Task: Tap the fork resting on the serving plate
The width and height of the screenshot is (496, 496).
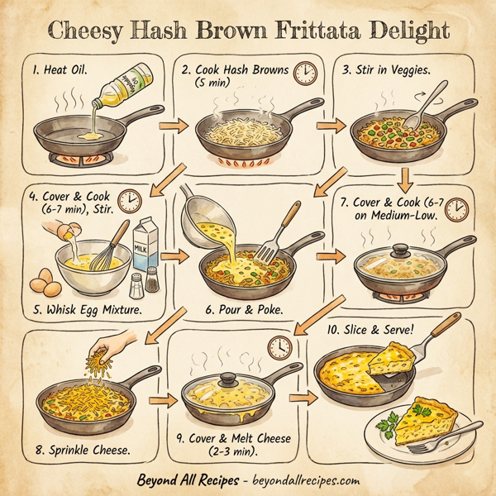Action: click(429, 446)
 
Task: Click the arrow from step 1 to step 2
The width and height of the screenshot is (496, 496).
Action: click(169, 126)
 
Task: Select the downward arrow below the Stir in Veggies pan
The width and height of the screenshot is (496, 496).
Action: click(405, 177)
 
